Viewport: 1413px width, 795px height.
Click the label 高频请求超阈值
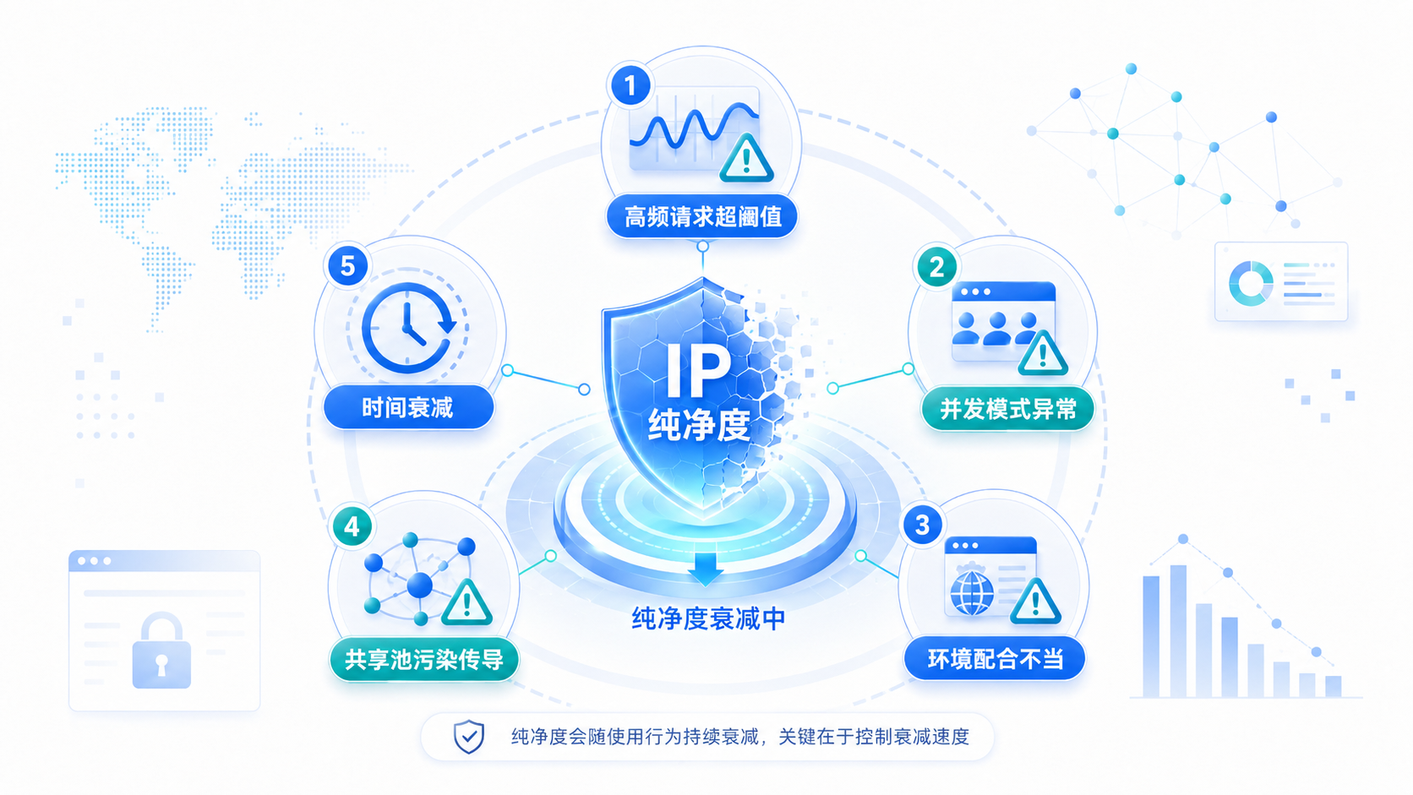[702, 217]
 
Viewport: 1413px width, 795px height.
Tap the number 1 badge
[630, 85]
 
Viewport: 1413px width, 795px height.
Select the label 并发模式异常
[1007, 409]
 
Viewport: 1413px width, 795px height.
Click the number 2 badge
[936, 267]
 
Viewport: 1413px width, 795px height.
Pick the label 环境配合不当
[995, 660]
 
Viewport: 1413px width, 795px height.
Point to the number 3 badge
[922, 525]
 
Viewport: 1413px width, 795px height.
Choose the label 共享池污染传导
[424, 660]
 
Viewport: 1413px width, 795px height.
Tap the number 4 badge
[352, 526]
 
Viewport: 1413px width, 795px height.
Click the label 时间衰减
[408, 408]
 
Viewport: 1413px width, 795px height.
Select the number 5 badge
[347, 266]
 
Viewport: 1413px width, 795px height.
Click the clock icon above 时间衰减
[409, 328]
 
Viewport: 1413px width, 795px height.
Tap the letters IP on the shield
[698, 371]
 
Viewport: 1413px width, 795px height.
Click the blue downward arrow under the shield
[706, 569]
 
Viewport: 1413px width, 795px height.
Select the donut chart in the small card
[1251, 284]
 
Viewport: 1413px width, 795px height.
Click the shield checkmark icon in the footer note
[469, 737]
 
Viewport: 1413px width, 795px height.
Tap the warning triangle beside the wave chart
[746, 158]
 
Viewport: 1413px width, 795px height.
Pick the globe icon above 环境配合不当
[972, 592]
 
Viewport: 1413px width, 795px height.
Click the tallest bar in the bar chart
[1178, 631]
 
